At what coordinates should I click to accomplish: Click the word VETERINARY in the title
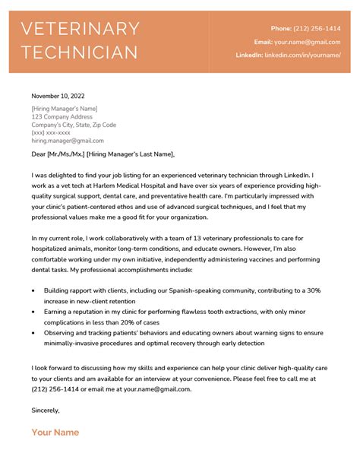[x=80, y=29]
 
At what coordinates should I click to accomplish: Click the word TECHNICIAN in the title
[x=80, y=52]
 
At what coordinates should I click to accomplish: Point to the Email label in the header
[x=263, y=42]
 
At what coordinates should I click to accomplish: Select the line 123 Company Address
[x=62, y=116]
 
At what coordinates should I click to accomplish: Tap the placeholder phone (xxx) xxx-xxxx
[x=52, y=132]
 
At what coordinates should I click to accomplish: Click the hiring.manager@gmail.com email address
[x=68, y=141]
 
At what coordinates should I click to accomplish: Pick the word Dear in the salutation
[x=40, y=154]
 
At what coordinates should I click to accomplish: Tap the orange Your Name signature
[x=55, y=433]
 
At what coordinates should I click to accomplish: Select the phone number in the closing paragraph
[x=56, y=388]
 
